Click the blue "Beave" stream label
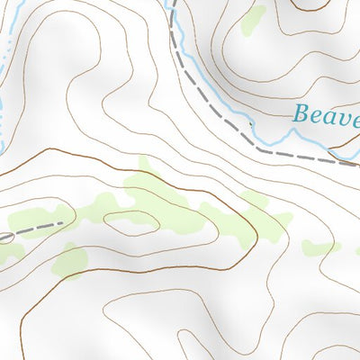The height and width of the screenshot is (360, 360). tap(327, 114)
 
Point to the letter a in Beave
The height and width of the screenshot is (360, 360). tap(331, 116)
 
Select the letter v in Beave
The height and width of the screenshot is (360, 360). tap(346, 116)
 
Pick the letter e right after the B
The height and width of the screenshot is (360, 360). tap(318, 116)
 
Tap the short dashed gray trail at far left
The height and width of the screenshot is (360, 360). tap(36, 227)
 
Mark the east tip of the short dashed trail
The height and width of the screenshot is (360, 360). tap(62, 221)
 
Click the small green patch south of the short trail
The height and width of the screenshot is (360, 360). tap(70, 261)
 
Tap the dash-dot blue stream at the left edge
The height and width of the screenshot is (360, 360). tap(4, 81)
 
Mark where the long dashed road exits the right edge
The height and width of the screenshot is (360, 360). tap(357, 165)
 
